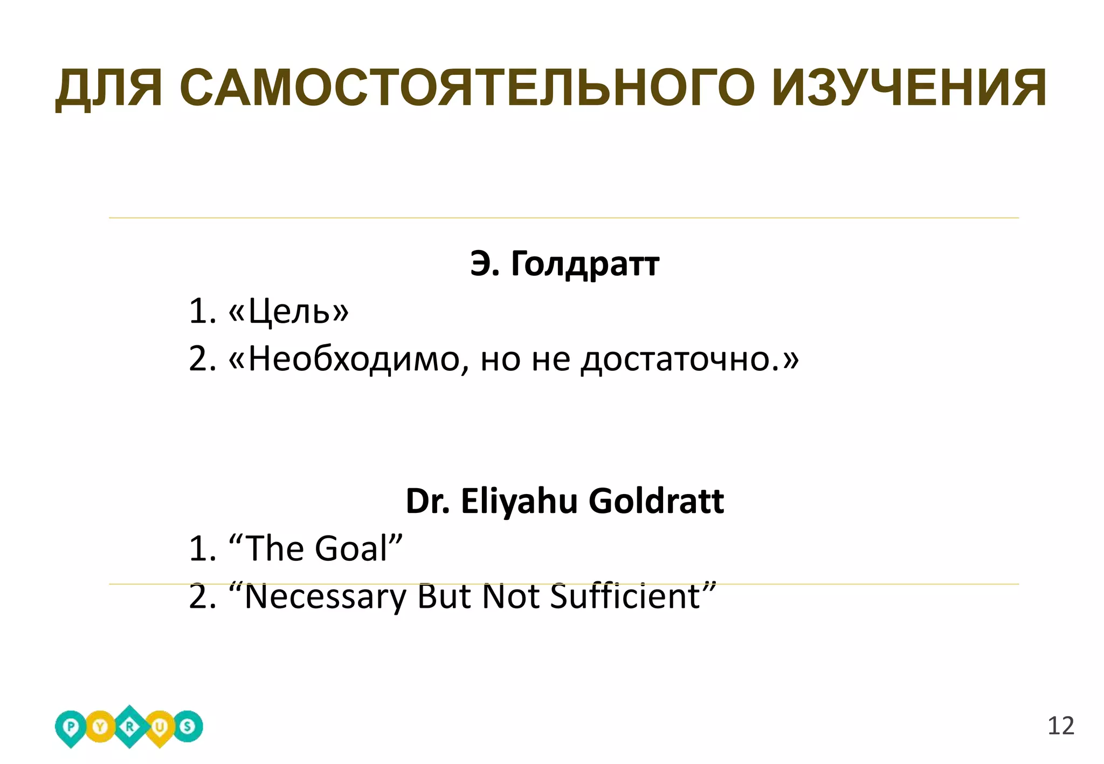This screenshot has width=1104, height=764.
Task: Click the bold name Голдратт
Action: tap(584, 264)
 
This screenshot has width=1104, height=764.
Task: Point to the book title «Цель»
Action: tap(289, 311)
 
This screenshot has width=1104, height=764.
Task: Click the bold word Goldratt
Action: tap(656, 501)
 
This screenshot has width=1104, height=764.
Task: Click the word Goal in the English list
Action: tap(351, 548)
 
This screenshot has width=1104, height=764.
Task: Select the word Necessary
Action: tap(325, 596)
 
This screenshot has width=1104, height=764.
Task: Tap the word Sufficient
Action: tap(625, 596)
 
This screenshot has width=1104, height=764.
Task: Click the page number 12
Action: tap(1060, 726)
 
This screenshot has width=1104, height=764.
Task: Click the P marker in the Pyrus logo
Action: tap(71, 727)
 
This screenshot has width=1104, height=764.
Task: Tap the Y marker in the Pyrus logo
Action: tap(100, 727)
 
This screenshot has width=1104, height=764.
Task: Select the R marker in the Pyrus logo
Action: tap(129, 727)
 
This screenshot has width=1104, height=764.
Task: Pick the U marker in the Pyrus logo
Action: tap(159, 727)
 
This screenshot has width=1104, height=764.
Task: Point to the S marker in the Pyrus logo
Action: tap(188, 727)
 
